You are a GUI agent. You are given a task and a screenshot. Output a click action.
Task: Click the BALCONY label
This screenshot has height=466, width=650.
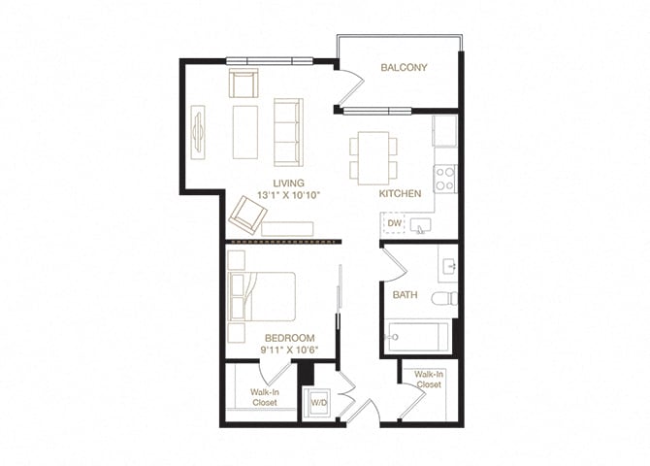click(x=404, y=67)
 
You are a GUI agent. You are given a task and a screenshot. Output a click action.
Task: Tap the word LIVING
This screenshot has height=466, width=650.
click(x=288, y=183)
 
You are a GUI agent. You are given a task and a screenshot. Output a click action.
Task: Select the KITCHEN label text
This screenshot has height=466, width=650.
click(x=400, y=194)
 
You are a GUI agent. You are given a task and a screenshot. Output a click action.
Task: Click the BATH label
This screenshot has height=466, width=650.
click(x=405, y=294)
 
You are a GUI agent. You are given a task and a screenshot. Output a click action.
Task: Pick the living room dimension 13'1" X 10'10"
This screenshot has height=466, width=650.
click(x=288, y=196)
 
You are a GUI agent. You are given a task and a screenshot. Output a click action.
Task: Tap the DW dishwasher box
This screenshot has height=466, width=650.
click(x=394, y=224)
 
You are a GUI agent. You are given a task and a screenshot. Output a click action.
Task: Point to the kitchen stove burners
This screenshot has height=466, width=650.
click(x=444, y=178)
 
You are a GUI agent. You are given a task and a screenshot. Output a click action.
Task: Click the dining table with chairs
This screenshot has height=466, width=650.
click(x=374, y=157)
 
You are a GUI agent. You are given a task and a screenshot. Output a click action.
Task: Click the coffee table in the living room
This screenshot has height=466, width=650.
click(x=244, y=132)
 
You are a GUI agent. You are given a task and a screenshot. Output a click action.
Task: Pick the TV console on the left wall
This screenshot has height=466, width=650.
click(x=199, y=131)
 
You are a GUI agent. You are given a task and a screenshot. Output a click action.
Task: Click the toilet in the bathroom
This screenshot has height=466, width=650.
click(x=445, y=298)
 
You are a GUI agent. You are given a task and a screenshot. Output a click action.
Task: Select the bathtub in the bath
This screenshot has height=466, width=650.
click(x=416, y=337)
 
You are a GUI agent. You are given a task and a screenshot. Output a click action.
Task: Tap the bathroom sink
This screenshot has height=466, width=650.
click(x=446, y=264)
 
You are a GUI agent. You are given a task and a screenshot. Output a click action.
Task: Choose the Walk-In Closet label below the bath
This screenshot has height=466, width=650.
click(x=428, y=380)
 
